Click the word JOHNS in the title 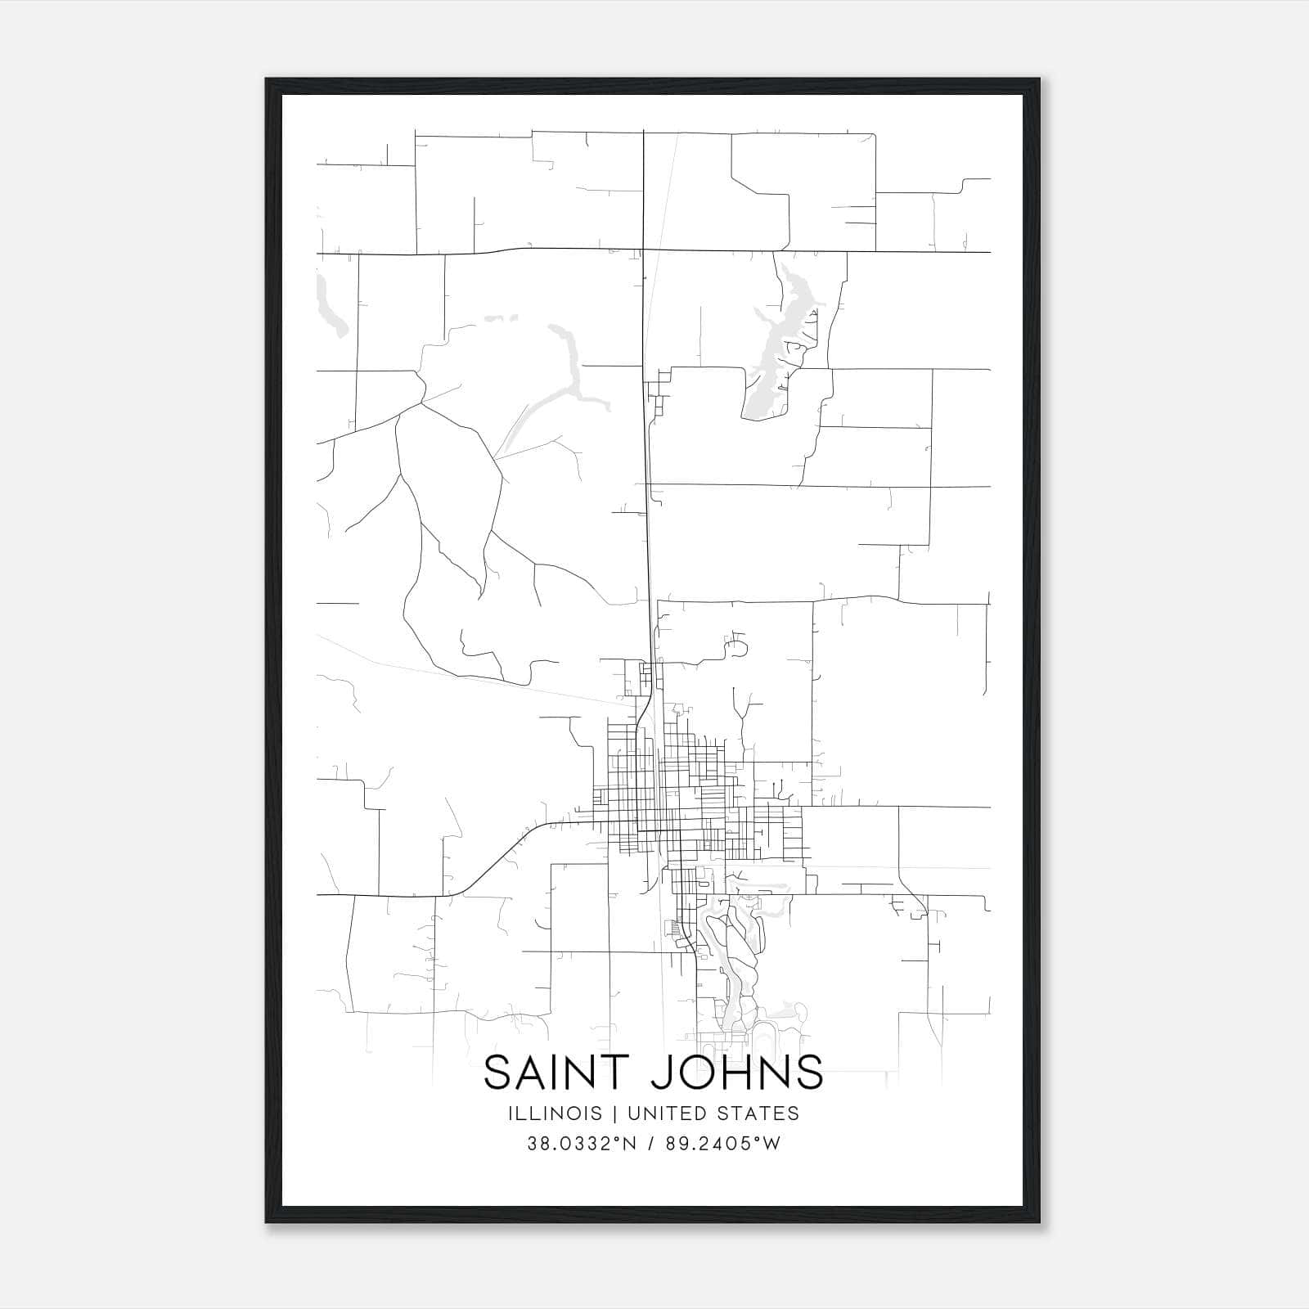pos(737,1073)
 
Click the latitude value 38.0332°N pos(582,1143)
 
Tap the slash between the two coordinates pos(652,1143)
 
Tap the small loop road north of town pos(735,649)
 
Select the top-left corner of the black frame pos(268,80)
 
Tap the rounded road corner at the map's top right pos(873,136)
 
